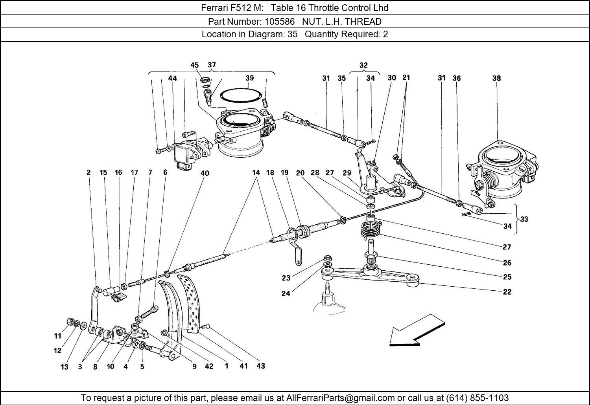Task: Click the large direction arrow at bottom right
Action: [x=416, y=331]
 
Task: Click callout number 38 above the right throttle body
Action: [x=496, y=78]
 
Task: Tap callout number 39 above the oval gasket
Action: [x=249, y=78]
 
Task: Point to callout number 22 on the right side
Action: [x=507, y=292]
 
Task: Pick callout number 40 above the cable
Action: [x=205, y=173]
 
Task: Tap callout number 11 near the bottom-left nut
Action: [x=58, y=336]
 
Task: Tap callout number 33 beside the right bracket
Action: [x=524, y=219]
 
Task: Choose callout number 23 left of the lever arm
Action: [x=286, y=278]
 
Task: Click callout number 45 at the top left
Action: [x=195, y=65]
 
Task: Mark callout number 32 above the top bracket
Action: [x=363, y=65]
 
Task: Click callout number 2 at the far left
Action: [x=89, y=172]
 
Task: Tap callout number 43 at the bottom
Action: [x=260, y=366]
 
